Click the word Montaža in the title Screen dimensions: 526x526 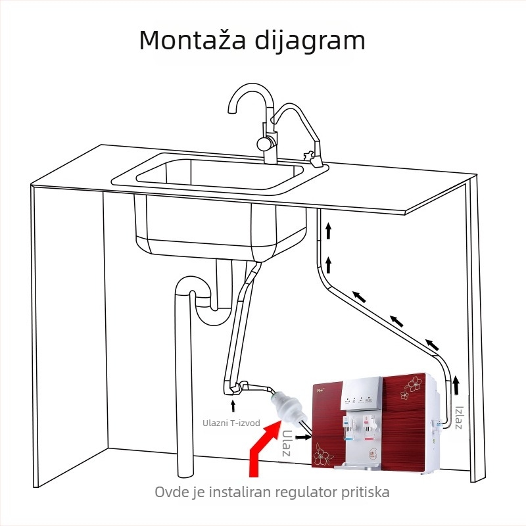click(x=191, y=40)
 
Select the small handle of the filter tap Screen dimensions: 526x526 click(x=307, y=156)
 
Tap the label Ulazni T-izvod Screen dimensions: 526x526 click(x=231, y=422)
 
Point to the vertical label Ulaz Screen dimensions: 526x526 click(x=287, y=445)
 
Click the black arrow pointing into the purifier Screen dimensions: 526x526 click(x=303, y=435)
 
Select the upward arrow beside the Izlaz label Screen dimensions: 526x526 click(x=456, y=383)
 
